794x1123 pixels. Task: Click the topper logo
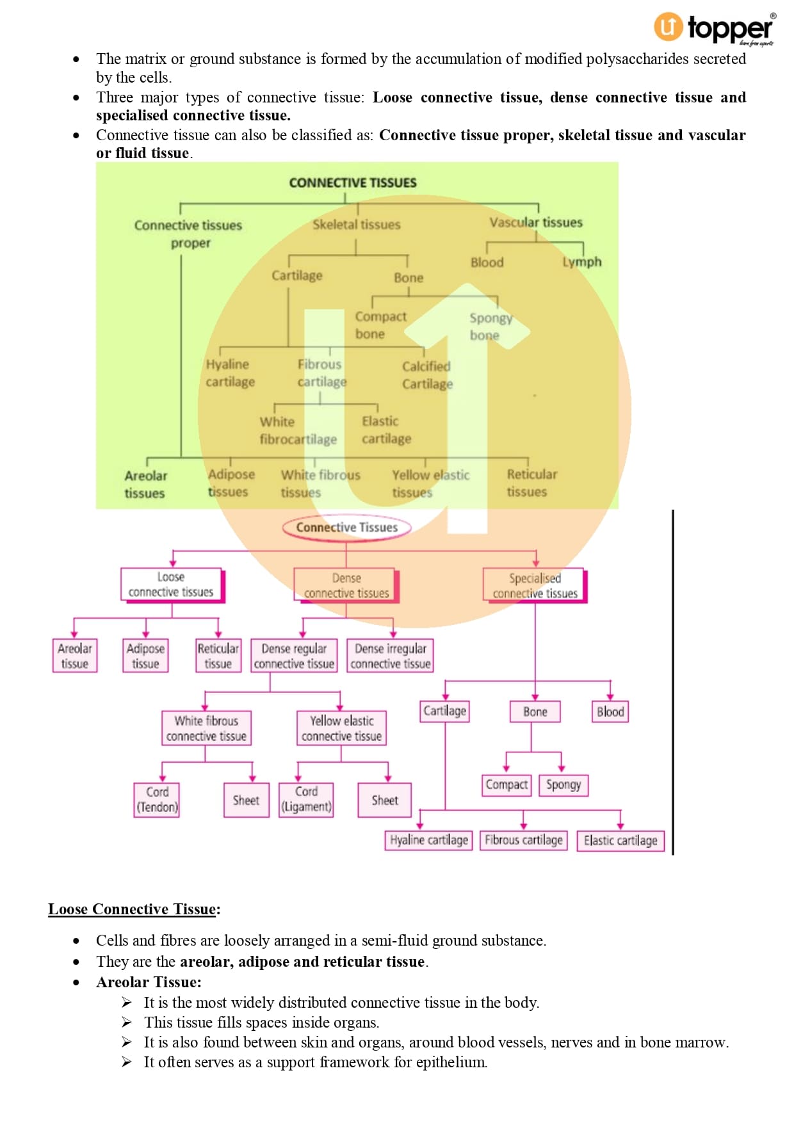point(713,28)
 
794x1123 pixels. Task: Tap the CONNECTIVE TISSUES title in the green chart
point(352,182)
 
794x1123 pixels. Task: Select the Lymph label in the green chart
point(581,262)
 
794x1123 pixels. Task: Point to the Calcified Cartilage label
point(427,375)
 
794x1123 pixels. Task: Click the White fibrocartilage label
point(298,430)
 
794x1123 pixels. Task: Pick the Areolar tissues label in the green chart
point(145,484)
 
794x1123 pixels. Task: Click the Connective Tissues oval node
point(346,528)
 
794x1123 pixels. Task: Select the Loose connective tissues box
point(171,585)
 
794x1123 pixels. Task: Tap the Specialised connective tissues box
point(535,585)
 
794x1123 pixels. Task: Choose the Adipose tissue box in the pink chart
point(145,656)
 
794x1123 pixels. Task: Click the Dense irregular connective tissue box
point(391,656)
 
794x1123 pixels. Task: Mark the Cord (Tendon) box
point(157,800)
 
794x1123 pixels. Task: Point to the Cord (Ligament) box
point(306,799)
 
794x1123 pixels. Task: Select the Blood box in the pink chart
point(610,711)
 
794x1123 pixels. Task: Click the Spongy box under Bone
point(563,784)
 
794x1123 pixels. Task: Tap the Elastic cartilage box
point(620,840)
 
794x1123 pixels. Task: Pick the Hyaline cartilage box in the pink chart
point(428,840)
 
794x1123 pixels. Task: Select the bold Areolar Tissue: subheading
point(149,982)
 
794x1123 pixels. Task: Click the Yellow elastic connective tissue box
point(341,729)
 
